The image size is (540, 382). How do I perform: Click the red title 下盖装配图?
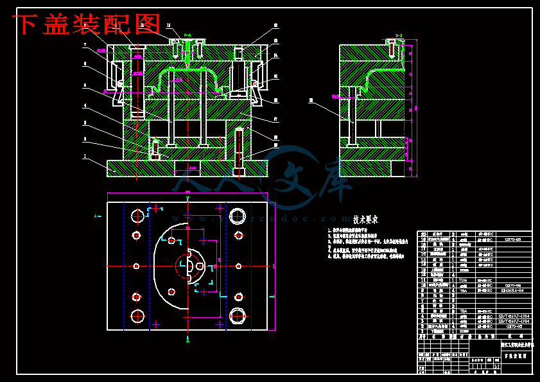pyautogui.click(x=87, y=24)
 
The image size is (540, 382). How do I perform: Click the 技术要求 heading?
pyautogui.click(x=365, y=219)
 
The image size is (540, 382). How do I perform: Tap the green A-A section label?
pyautogui.click(x=187, y=34)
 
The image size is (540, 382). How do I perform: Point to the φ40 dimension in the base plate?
pyautogui.click(x=192, y=167)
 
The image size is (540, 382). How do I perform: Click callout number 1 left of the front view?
pyautogui.click(x=84, y=155)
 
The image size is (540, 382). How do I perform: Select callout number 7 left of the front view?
pyautogui.click(x=84, y=45)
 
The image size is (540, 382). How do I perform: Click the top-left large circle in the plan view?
pyautogui.click(x=136, y=214)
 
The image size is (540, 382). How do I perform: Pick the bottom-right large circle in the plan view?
pyautogui.click(x=238, y=315)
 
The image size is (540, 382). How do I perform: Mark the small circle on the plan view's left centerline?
pyautogui.click(x=136, y=265)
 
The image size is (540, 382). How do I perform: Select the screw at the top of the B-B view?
pyautogui.click(x=392, y=46)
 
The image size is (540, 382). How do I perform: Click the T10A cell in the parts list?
pyautogui.click(x=463, y=280)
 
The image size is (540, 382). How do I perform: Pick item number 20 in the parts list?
pyautogui.click(x=423, y=234)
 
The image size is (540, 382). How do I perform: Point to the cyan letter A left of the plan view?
pyautogui.click(x=96, y=216)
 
